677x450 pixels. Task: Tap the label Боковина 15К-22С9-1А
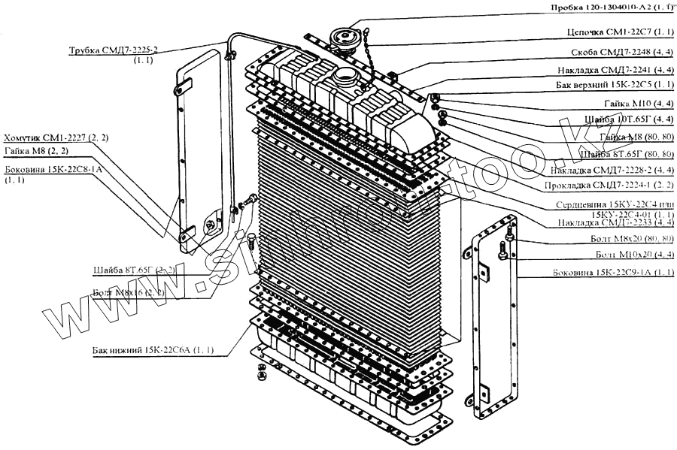click(612, 272)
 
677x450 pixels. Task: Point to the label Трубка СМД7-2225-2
click(117, 50)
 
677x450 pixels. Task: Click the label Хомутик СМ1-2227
click(56, 138)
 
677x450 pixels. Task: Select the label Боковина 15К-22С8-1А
click(53, 171)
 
